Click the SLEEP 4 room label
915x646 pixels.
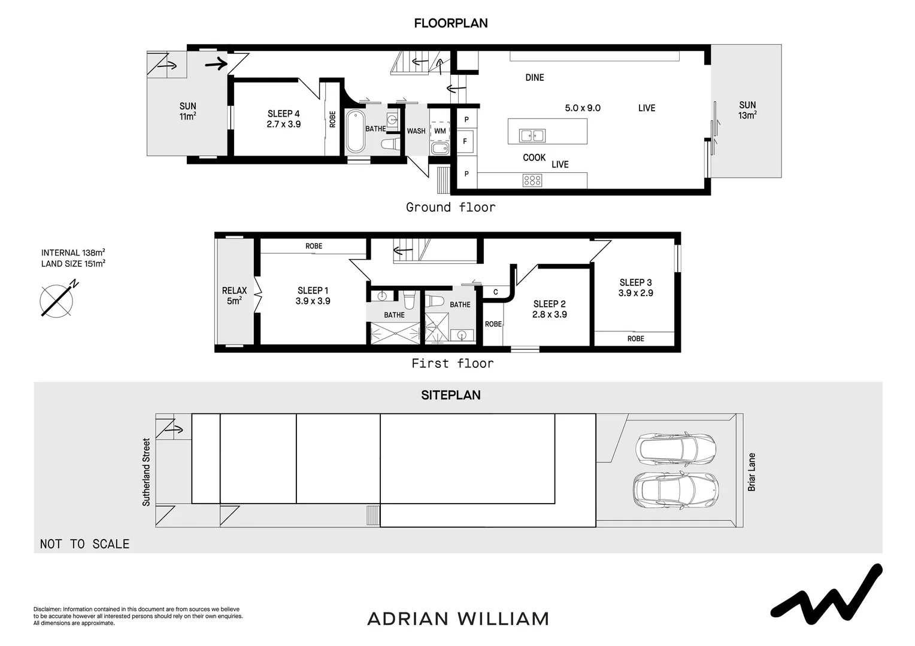tap(284, 118)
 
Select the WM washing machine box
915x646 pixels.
tap(440, 130)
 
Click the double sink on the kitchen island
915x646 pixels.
tap(532, 136)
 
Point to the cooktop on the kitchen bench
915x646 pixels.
tap(532, 179)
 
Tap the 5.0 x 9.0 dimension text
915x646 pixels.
tap(583, 108)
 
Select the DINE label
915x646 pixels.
tap(535, 77)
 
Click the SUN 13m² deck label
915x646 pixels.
tap(747, 110)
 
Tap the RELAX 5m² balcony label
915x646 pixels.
tap(234, 295)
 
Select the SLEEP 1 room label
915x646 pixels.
tap(313, 295)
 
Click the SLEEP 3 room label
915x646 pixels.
tap(635, 288)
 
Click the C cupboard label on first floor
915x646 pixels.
tap(495, 292)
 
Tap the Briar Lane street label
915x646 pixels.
tap(752, 472)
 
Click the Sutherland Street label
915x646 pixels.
tap(147, 472)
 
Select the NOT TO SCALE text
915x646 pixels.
tap(84, 544)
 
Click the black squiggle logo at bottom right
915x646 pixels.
tap(826, 592)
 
